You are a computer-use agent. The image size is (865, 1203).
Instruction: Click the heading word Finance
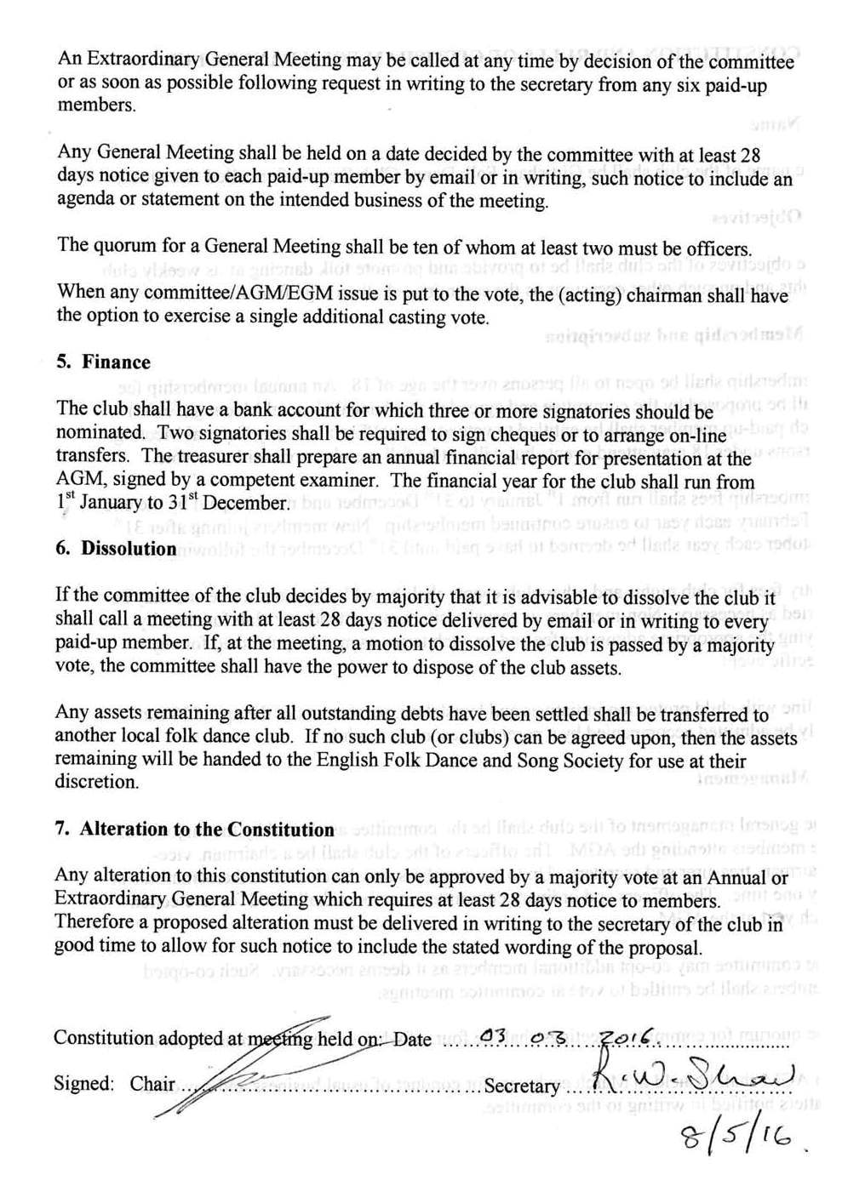(116, 362)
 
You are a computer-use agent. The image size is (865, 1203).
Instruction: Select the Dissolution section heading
(129, 549)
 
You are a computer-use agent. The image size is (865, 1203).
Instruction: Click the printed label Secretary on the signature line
(522, 1086)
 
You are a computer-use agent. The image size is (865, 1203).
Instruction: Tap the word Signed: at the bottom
(83, 1084)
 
